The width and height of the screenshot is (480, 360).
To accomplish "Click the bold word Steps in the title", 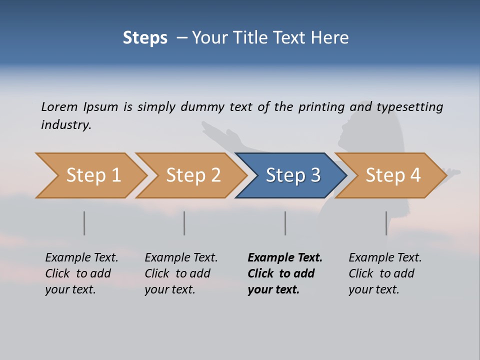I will pyautogui.click(x=145, y=38).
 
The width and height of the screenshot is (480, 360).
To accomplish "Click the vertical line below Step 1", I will pyautogui.click(x=84, y=223).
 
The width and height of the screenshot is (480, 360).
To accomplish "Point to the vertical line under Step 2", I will pyautogui.click(x=184, y=223).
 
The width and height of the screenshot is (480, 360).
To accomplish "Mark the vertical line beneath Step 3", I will pyautogui.click(x=285, y=223).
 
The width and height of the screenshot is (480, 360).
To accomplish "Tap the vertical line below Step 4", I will pyautogui.click(x=386, y=223).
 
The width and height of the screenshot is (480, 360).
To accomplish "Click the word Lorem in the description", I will pyautogui.click(x=59, y=106).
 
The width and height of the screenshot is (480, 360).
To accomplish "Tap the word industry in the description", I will pyautogui.click(x=66, y=124).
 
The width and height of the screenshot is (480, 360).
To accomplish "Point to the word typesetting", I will pyautogui.click(x=409, y=107).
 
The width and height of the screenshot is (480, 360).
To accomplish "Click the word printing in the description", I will pyautogui.click(x=321, y=107).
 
